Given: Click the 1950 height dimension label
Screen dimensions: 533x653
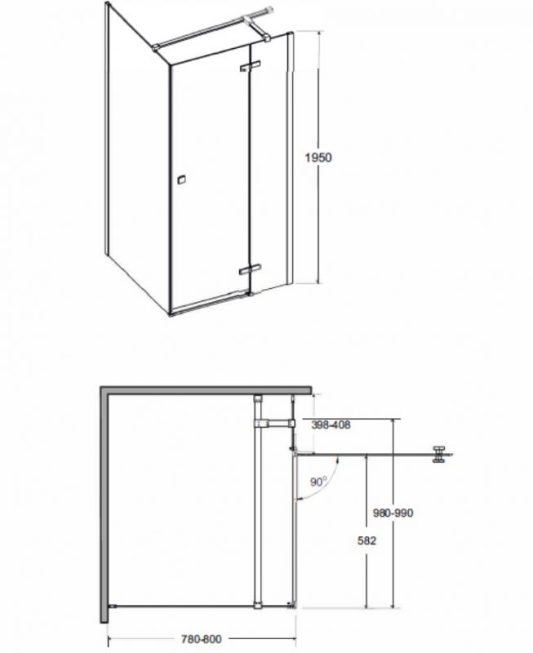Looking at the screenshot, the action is (x=318, y=158).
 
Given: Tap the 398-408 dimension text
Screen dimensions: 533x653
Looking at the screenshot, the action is (x=331, y=424).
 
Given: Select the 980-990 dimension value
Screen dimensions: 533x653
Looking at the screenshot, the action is (x=393, y=513).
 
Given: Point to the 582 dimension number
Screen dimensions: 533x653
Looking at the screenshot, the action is (x=366, y=540).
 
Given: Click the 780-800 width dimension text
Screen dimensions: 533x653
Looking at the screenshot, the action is (x=202, y=638).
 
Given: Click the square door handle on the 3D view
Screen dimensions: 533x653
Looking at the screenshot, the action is (x=180, y=180).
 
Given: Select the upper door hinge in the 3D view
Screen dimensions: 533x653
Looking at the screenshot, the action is (x=250, y=67).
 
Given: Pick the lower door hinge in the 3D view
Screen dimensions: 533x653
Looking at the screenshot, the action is (x=250, y=270).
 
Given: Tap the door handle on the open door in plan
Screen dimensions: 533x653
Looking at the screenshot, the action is (x=439, y=454).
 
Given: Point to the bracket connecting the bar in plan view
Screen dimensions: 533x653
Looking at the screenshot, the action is (x=274, y=424).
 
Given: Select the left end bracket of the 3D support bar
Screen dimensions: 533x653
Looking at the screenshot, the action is (x=156, y=48).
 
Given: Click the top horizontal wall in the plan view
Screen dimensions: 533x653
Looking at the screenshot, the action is (x=206, y=390).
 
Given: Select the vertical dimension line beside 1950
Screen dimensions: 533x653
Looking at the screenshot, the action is (x=319, y=158).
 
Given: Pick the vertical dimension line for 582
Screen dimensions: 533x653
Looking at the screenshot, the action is (x=366, y=531).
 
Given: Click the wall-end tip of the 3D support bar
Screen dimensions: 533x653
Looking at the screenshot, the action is (x=271, y=9).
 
